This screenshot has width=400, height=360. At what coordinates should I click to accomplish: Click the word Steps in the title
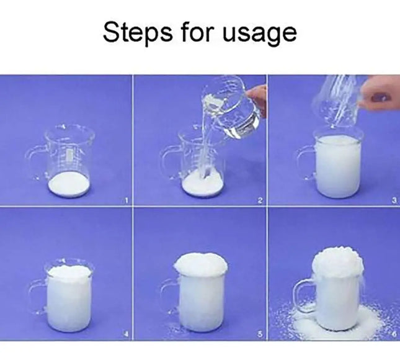[138, 32]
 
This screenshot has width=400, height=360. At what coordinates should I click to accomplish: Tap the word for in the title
[197, 32]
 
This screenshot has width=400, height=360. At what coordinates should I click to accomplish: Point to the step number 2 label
[260, 200]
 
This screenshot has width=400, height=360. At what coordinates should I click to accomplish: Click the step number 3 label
[394, 200]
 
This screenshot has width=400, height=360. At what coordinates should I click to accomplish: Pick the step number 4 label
[126, 334]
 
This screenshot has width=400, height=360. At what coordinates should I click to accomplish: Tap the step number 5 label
[260, 334]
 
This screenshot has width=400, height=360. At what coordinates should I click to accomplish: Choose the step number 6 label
[394, 334]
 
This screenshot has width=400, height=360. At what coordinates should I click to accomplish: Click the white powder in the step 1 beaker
[69, 184]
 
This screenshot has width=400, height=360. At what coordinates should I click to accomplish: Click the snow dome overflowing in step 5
[201, 264]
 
